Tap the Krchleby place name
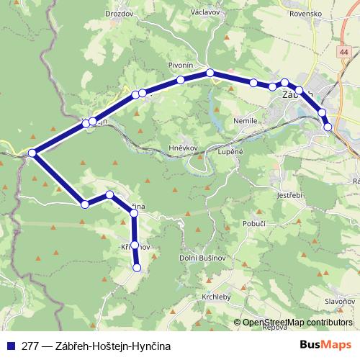pos(215,296)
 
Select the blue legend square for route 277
pos(10,346)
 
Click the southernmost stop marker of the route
pos(137,269)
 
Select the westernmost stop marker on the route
pos(32,153)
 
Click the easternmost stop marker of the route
pos(328,127)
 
